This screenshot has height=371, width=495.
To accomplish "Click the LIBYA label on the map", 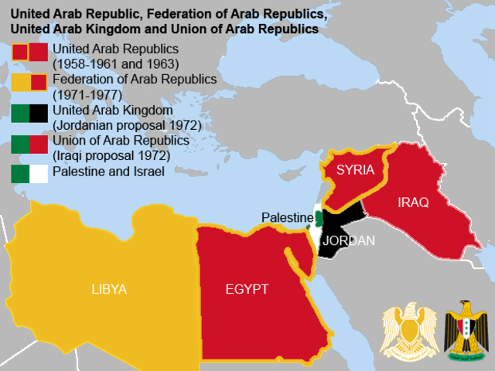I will pyautogui.click(x=108, y=289).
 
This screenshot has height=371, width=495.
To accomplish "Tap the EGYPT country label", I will pyautogui.click(x=247, y=289).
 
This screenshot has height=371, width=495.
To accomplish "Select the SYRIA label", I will pyautogui.click(x=355, y=169).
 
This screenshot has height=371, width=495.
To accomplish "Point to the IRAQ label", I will pyautogui.click(x=412, y=202).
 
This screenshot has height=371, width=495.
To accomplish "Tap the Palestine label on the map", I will pyautogui.click(x=285, y=217).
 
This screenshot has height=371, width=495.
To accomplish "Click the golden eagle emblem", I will pyautogui.click(x=407, y=328).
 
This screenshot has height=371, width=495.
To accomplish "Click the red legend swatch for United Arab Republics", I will pyautogui.click(x=29, y=53).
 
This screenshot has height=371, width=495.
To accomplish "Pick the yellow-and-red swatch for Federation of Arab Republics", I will pyautogui.click(x=29, y=83).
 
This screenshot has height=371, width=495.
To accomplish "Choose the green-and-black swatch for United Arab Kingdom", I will pyautogui.click(x=29, y=114).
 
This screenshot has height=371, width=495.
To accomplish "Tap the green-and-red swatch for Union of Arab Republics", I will pyautogui.click(x=29, y=145).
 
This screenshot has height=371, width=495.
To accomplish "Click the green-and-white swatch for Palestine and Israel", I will pyautogui.click(x=29, y=173).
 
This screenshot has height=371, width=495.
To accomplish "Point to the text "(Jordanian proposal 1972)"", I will pyautogui.click(x=127, y=125).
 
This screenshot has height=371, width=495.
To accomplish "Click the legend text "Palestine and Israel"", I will pyautogui.click(x=108, y=172).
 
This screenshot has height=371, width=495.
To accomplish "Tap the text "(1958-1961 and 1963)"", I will pyautogui.click(x=115, y=64).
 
